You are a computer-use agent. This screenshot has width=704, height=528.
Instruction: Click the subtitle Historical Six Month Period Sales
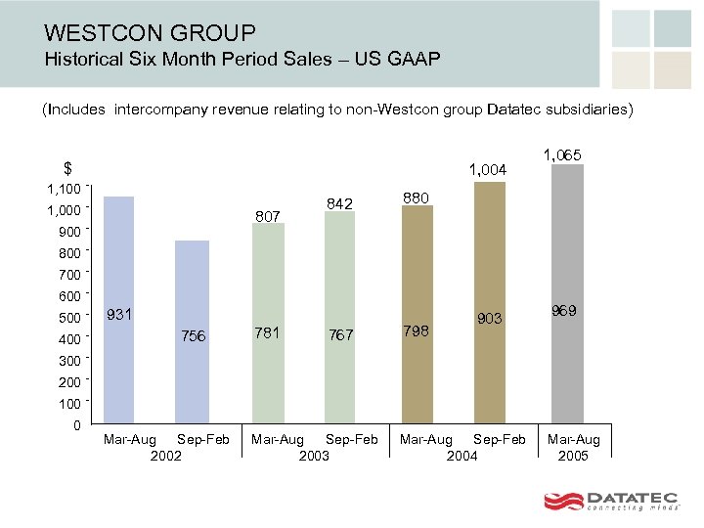[x=242, y=60]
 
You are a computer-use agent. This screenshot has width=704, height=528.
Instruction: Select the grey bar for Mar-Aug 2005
[x=567, y=293]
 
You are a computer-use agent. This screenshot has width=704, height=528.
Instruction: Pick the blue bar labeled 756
[x=193, y=332]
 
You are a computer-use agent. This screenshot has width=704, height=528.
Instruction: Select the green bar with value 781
[x=268, y=323]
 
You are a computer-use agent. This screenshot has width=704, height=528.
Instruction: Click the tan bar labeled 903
[x=489, y=303]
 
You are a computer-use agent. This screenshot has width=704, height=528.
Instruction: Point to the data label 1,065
[x=563, y=154]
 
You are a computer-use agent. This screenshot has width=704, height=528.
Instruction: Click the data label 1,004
[x=488, y=171]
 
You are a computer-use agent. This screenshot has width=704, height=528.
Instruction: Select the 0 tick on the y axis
[x=76, y=425]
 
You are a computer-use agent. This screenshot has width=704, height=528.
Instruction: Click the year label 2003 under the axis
[x=314, y=456]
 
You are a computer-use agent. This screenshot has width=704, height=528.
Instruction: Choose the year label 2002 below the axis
[x=166, y=456]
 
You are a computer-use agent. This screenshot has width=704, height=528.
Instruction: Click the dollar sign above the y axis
[x=67, y=167]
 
